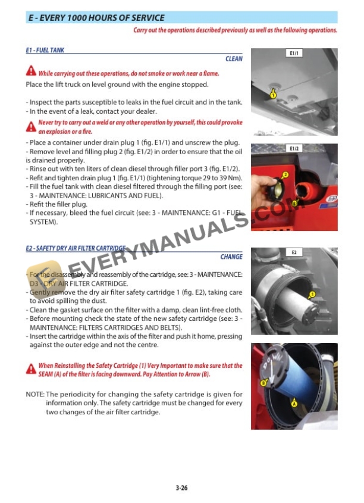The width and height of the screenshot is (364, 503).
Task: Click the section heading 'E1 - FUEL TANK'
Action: pyautogui.click(x=45, y=51)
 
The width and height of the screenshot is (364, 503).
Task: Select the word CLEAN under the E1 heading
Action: pyautogui.click(x=234, y=59)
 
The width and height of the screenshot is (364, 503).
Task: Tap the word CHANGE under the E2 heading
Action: pyautogui.click(x=231, y=257)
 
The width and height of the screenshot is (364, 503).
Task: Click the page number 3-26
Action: pyautogui.click(x=182, y=488)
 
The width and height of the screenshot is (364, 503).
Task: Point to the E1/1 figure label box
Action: pyautogui.click(x=294, y=54)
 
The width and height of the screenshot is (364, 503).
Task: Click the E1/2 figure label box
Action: pyautogui.click(x=294, y=148)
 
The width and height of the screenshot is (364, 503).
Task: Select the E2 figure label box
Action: pyautogui.click(x=294, y=252)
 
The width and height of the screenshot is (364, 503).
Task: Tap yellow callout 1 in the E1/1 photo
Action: pyautogui.click(x=273, y=95)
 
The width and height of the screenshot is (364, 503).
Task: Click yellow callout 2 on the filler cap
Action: pyautogui.click(x=285, y=174)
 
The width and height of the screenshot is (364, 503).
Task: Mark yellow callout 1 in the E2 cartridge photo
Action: pyautogui.click(x=312, y=295)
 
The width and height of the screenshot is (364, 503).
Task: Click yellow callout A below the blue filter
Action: pyautogui.click(x=294, y=403)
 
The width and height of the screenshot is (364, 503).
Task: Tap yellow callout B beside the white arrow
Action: pyautogui.click(x=263, y=383)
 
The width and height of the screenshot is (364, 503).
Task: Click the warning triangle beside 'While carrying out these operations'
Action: pyautogui.click(x=31, y=72)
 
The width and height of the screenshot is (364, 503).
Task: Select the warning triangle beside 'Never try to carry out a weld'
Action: pyautogui.click(x=31, y=127)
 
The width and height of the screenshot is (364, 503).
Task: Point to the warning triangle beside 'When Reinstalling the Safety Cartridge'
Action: pyautogui.click(x=31, y=370)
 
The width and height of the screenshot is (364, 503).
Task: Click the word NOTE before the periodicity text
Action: pyautogui.click(x=34, y=395)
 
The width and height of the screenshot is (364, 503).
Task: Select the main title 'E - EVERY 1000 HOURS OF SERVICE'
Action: pyautogui.click(x=97, y=18)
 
